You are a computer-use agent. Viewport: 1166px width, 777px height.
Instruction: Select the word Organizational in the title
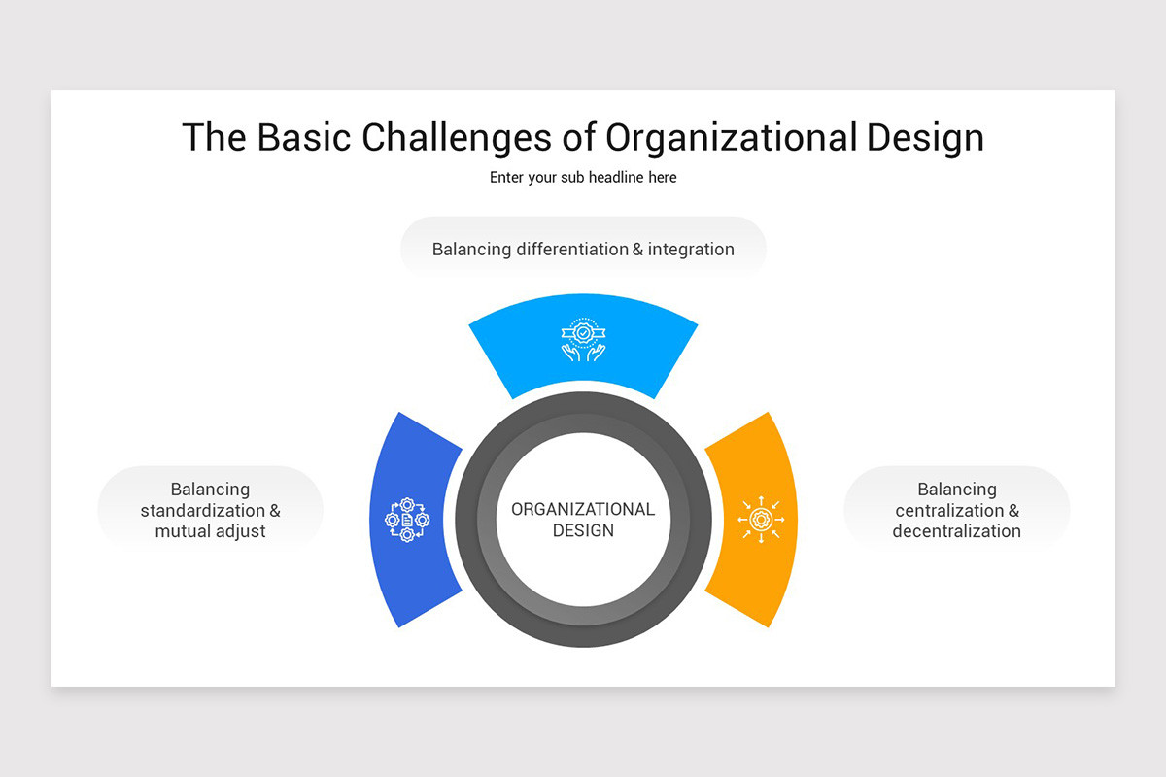[x=731, y=137]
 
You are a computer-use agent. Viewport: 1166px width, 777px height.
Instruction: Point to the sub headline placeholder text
[x=583, y=178]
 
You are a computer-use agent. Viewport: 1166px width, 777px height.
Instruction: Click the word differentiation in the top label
[x=572, y=250]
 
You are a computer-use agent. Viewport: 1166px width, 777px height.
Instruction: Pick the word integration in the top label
[x=691, y=250]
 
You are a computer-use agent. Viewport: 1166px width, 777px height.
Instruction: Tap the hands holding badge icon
[x=583, y=340]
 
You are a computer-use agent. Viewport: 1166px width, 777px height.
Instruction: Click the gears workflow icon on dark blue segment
[x=407, y=520]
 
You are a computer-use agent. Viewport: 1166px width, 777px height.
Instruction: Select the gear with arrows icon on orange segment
[x=761, y=520]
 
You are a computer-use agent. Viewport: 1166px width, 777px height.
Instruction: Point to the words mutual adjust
[x=211, y=532]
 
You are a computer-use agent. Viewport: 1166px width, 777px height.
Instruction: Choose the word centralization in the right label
[x=949, y=511]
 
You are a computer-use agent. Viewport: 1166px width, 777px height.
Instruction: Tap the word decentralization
[x=957, y=532]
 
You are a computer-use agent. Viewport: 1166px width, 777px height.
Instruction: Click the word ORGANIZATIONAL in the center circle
[x=583, y=509]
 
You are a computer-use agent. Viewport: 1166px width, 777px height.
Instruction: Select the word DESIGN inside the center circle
[x=583, y=530]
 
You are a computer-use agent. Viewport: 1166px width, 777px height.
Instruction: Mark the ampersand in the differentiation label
[x=637, y=250]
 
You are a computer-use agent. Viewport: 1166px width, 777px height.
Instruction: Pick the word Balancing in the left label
[x=211, y=490]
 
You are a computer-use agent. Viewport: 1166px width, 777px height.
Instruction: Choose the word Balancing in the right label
[x=957, y=490]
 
